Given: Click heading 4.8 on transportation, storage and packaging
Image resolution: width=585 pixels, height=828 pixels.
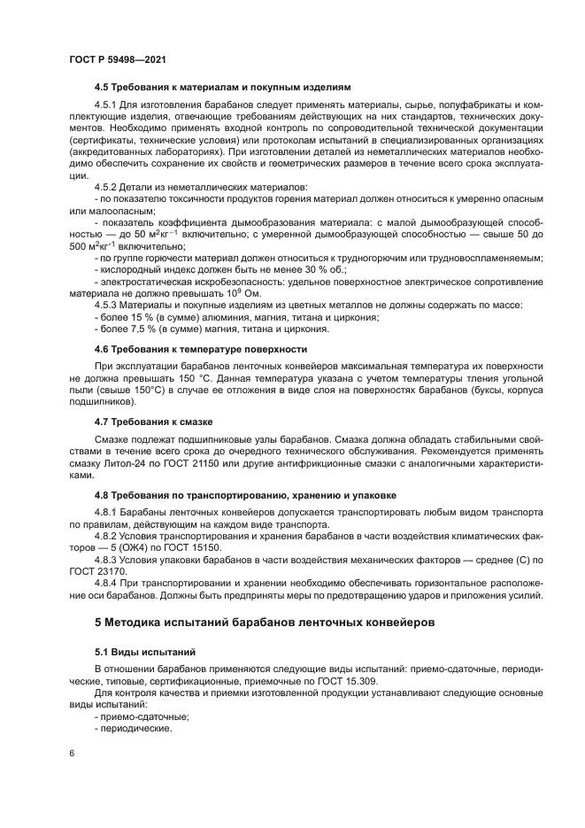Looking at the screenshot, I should click(245, 494).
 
